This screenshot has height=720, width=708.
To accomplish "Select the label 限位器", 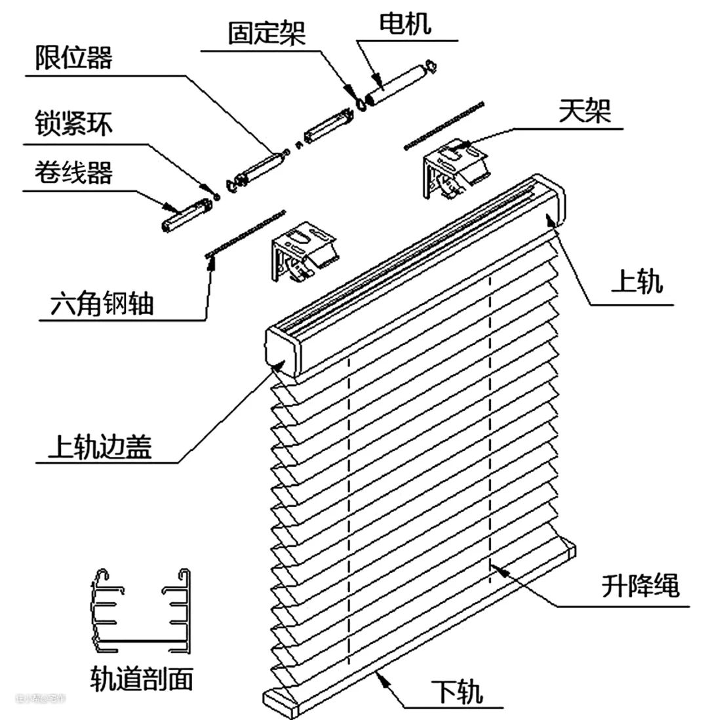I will pos(73,58).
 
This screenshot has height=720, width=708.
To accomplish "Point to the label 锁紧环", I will pos(73,125).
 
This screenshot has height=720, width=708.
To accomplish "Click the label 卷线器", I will pos(73,173).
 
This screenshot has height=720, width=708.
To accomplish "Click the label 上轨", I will pos(637,283).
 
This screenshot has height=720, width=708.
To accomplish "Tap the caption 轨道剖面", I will pos(142,679).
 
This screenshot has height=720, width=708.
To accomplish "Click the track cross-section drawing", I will pos(141,610).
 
